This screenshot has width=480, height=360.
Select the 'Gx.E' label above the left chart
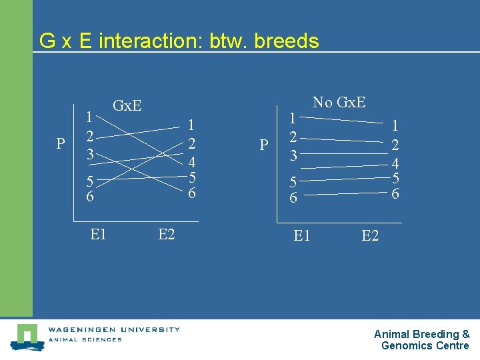pyautogui.click(x=127, y=105)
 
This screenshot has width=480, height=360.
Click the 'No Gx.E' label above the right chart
pyautogui.click(x=339, y=102)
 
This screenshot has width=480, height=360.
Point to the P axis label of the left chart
pyautogui.click(x=61, y=145)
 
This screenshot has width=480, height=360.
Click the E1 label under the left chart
pyautogui.click(x=98, y=234)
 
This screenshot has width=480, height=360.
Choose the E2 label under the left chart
pyautogui.click(x=167, y=234)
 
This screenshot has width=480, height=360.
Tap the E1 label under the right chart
pyautogui.click(x=302, y=235)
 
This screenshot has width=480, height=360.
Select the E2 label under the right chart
pyautogui.click(x=370, y=235)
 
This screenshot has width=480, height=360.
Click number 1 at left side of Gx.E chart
pyautogui.click(x=89, y=117)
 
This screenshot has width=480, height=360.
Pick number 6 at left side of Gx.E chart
pyautogui.click(x=89, y=197)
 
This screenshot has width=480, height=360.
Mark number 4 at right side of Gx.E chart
pyautogui.click(x=191, y=162)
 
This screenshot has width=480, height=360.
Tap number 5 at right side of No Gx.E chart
pyautogui.click(x=395, y=179)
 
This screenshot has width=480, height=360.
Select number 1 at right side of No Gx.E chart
pyautogui.click(x=395, y=125)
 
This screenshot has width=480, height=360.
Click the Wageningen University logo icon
pyautogui.click(x=27, y=337)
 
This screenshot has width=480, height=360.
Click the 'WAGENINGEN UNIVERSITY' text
pyautogui.click(x=113, y=329)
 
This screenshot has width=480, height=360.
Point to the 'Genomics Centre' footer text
pyautogui.click(x=425, y=345)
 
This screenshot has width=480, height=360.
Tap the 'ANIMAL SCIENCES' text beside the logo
pyautogui.click(x=85, y=340)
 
